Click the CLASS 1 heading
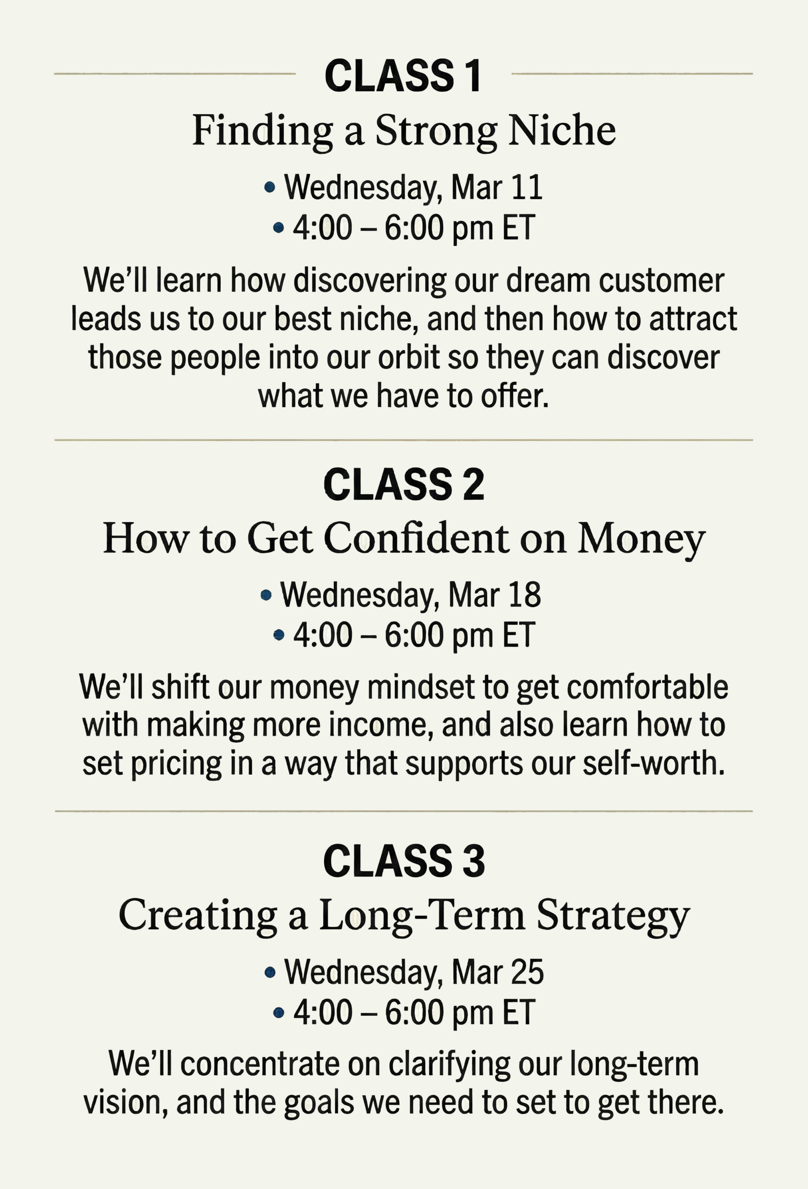(x=403, y=76)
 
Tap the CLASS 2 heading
(x=404, y=484)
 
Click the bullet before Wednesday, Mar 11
(x=269, y=188)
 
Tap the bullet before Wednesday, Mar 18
(x=266, y=595)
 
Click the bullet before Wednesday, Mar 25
(x=270, y=973)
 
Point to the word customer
(x=661, y=281)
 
